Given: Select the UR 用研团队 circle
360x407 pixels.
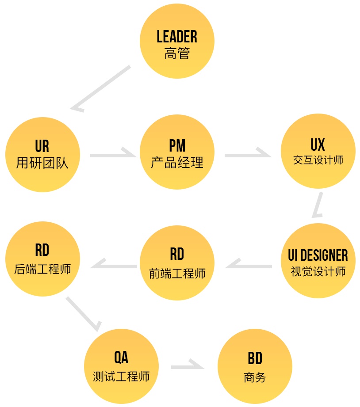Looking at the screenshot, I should click(x=42, y=155).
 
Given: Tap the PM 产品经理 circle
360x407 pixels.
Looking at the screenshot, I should click(x=177, y=152).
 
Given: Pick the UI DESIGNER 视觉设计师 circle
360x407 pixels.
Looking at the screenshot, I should click(x=318, y=260).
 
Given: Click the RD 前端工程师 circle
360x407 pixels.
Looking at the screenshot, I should click(x=177, y=263).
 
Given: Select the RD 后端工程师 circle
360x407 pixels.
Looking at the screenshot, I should click(x=42, y=259).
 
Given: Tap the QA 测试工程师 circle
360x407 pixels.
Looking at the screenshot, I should click(x=121, y=366).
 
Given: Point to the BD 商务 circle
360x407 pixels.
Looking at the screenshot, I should click(x=255, y=367).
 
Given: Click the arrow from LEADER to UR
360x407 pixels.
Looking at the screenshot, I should click(x=100, y=88).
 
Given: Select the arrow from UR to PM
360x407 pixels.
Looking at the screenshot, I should click(x=112, y=155).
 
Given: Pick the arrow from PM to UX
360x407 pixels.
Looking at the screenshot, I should click(x=247, y=155).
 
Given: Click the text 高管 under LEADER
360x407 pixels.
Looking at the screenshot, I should click(x=177, y=54).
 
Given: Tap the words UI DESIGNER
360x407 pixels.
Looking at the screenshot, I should click(x=318, y=255).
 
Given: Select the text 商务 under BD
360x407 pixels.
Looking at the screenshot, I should click(x=255, y=377).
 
